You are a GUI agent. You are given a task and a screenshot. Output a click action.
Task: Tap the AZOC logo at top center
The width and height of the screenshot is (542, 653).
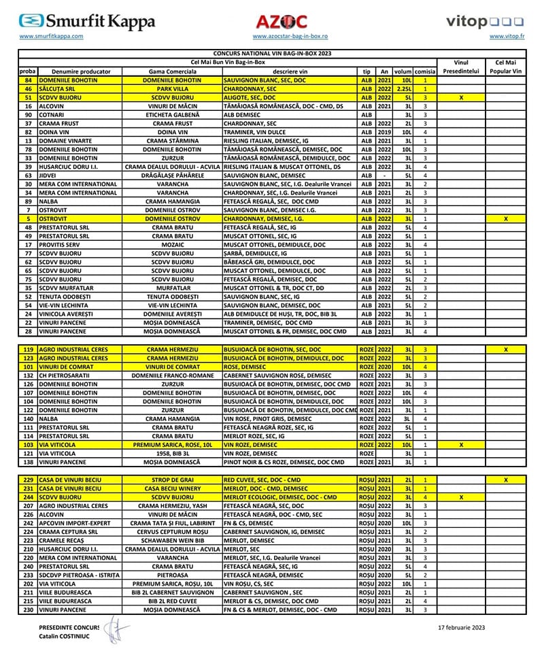pos(281,22)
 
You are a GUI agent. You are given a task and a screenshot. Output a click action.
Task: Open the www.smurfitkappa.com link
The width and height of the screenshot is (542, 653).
pos(52,36)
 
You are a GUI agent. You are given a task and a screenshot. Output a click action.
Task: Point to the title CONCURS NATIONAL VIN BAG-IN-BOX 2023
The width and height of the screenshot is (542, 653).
pos(273,52)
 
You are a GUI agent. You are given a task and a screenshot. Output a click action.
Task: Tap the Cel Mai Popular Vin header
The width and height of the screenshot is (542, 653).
pos(505,66)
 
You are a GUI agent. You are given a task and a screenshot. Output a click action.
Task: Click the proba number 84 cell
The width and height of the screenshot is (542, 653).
pos(29,80)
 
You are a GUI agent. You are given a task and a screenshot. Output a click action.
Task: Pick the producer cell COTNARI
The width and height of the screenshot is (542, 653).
pos(52,115)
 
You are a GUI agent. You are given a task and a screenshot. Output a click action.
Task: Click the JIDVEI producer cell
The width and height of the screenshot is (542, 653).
pos(49,175)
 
